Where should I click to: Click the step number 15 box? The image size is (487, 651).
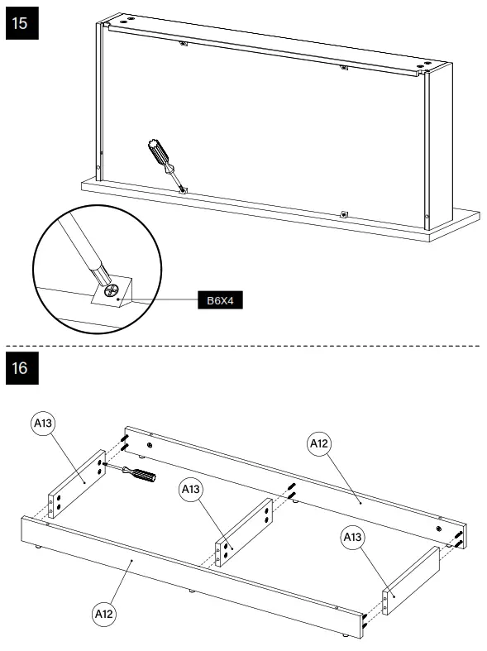[x=21, y=24]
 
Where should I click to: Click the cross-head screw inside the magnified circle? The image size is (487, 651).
[x=113, y=291]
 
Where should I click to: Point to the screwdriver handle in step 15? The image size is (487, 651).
[x=155, y=153]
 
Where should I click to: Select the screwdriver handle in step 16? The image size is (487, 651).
[x=142, y=476]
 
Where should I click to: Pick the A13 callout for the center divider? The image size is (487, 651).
[x=191, y=490]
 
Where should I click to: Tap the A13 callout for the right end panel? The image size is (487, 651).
[x=353, y=538]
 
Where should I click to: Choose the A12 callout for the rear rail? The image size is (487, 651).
[x=320, y=444]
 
